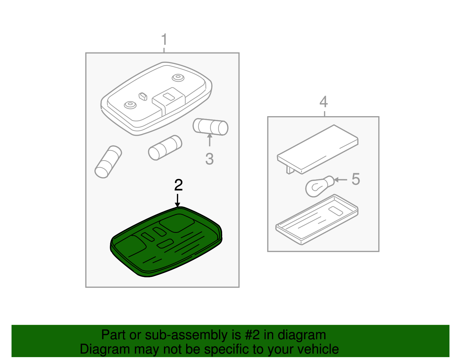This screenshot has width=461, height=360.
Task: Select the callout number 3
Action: (209, 159)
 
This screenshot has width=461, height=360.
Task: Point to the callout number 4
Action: (324, 102)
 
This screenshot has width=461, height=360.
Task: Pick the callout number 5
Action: (356, 179)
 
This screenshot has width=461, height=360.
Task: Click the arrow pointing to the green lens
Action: (177, 200)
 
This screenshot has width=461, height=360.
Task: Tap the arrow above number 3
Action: (209, 140)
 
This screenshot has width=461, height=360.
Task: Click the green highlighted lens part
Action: (167, 242)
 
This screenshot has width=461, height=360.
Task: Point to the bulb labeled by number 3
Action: (210, 127)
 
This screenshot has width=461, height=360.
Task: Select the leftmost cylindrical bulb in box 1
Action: (108, 162)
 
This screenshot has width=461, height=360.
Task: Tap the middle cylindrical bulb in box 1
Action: (165, 148)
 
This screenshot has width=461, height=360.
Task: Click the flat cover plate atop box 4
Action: (318, 149)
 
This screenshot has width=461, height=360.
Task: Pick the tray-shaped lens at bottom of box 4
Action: (317, 219)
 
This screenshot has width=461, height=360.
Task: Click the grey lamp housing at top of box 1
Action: (156, 99)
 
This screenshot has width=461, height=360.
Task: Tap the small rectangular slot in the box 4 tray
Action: (336, 211)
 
